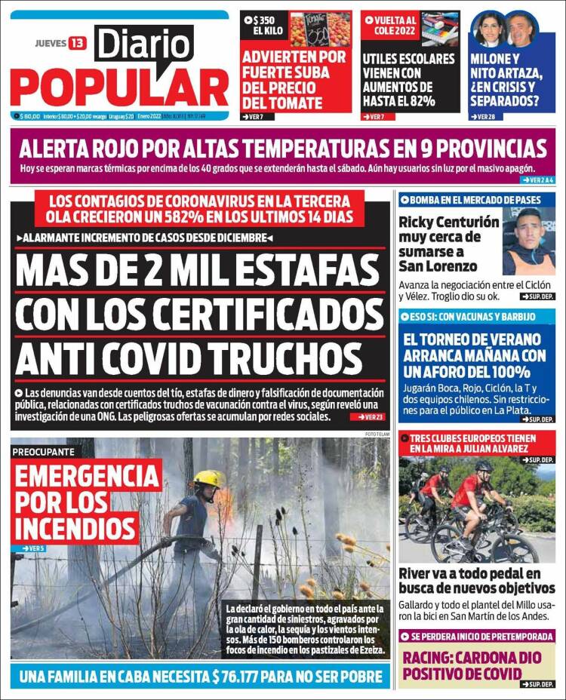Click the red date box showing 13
pyautogui.click(x=77, y=43)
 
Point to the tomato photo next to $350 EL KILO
pyautogui.click(x=320, y=29)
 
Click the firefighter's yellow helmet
pyautogui.click(x=206, y=478)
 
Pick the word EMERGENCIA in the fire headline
pyautogui.click(x=86, y=477)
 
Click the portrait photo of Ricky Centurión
pyautogui.click(x=528, y=241)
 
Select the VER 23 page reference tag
pyautogui.click(x=371, y=416)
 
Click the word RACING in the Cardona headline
pyautogui.click(x=434, y=656)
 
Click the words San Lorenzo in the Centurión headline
pyautogui.click(x=438, y=266)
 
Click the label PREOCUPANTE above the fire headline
pyautogui.click(x=43, y=451)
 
